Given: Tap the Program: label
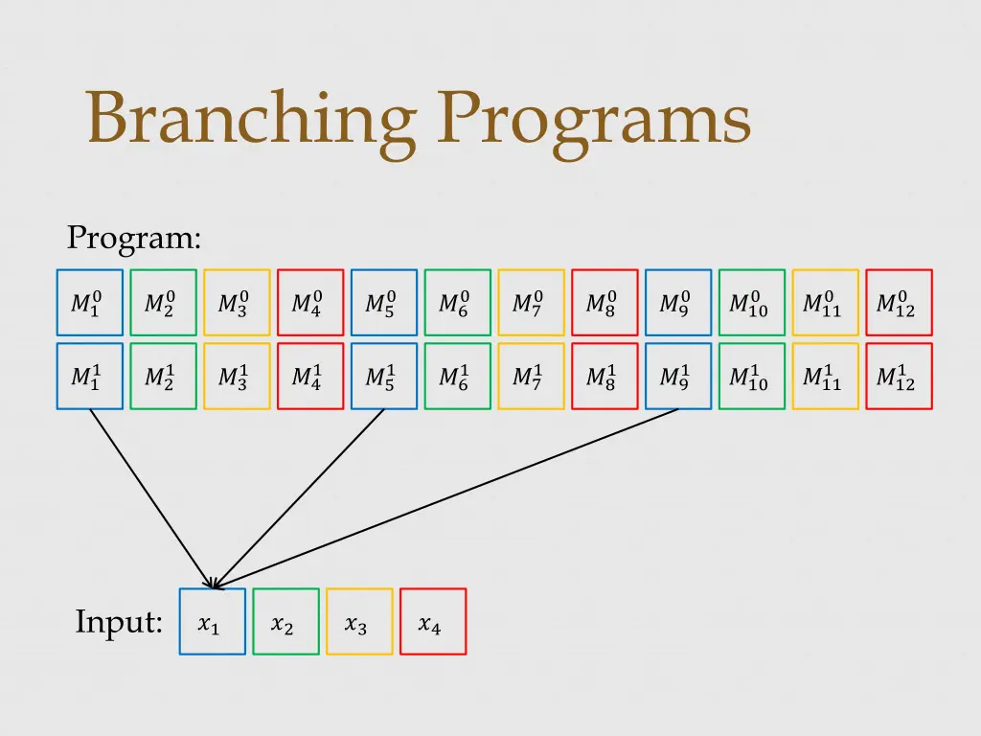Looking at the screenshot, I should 134,237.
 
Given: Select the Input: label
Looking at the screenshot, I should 119,623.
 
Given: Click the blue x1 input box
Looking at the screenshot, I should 213,622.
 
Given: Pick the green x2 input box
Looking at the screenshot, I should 285,622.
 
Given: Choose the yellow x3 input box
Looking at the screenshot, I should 359,622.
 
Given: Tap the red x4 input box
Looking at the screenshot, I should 433,622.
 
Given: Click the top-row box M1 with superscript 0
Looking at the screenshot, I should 90,303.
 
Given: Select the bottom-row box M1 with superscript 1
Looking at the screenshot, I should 90,377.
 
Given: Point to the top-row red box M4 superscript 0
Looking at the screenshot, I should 310,303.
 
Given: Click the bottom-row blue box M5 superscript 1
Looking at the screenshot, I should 384,377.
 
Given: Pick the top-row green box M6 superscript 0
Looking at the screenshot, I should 458,303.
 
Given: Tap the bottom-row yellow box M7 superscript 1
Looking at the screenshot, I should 532,377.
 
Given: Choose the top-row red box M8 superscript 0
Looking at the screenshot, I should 605,303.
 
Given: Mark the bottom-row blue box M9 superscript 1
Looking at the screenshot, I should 678,377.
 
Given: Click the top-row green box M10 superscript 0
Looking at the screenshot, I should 752,303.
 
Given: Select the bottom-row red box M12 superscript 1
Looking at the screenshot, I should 899,377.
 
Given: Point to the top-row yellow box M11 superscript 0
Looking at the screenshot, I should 826,303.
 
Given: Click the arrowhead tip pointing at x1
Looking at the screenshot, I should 213,586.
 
